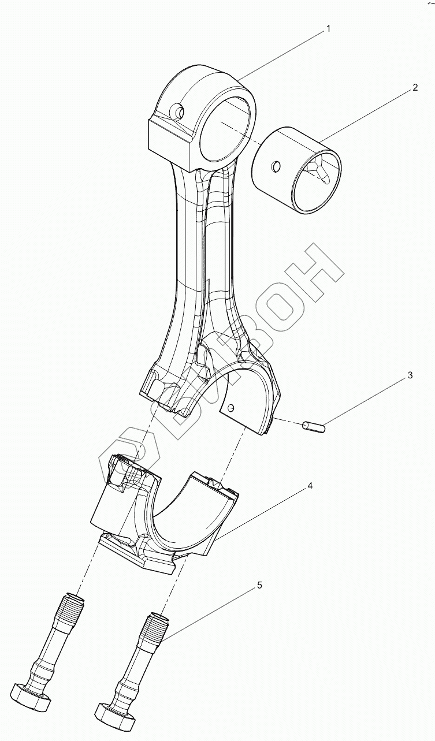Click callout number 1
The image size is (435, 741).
(328, 29)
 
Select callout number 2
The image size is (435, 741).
(414, 88)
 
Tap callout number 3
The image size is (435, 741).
(410, 375)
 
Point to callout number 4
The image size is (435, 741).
(310, 486)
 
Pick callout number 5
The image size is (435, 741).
(259, 586)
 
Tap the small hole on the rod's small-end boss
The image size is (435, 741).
(178, 111)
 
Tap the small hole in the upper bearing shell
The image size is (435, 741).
(231, 409)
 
